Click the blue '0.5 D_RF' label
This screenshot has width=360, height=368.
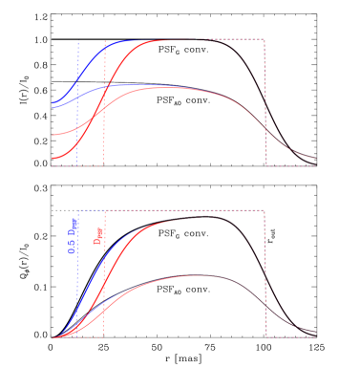73,235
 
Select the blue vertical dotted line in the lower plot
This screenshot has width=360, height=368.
78,277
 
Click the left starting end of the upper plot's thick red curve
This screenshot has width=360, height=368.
53,158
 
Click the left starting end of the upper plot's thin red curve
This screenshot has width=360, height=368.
53,135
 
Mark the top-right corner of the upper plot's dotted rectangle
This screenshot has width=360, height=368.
265,40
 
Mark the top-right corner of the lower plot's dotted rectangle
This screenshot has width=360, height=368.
265,210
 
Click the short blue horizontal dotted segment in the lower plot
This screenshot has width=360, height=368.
91,210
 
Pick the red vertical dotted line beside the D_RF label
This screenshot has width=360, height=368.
104,277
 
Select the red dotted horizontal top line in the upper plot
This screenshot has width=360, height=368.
191,40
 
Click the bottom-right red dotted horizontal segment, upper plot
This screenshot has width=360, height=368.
291,166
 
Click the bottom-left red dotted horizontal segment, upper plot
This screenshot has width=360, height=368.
76,166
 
